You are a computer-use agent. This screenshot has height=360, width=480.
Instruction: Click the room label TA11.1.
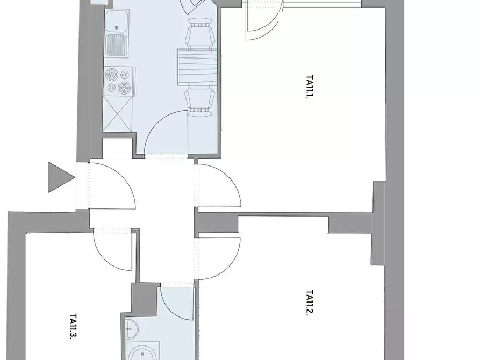point(310,87)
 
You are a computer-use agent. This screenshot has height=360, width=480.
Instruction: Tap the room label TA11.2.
point(310,303)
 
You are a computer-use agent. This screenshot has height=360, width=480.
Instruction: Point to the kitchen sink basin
point(117,21)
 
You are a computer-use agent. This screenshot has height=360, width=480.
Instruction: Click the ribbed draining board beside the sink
point(116,45)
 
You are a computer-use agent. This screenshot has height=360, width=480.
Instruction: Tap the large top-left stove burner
point(111,75)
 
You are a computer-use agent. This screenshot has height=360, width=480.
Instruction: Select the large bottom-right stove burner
point(124,88)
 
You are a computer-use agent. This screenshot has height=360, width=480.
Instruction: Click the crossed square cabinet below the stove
point(118,114)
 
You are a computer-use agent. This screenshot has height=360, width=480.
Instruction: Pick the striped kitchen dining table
point(198,67)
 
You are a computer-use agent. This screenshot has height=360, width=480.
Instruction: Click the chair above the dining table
point(199,34)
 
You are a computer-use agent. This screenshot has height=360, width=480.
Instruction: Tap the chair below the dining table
point(199,100)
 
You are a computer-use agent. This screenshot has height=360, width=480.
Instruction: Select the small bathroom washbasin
point(132,329)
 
